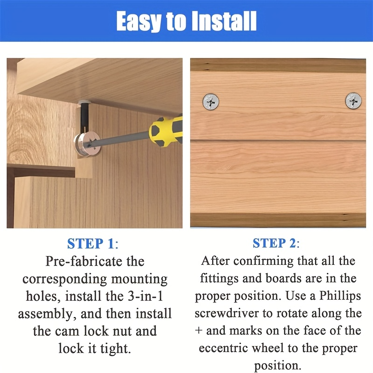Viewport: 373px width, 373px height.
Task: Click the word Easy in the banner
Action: [x=138, y=21]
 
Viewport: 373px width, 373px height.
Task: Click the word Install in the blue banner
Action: [x=224, y=21]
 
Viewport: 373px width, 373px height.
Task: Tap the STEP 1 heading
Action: [x=93, y=243]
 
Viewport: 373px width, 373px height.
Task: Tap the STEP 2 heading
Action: [x=276, y=243]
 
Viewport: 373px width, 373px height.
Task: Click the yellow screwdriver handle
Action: [x=166, y=131]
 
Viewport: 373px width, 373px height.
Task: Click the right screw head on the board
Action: [x=353, y=101]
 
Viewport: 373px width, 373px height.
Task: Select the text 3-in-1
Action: [x=145, y=296]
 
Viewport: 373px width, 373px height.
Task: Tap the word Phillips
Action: [x=340, y=296]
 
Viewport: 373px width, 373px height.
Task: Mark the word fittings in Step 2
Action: [x=219, y=278]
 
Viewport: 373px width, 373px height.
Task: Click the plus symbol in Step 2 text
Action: [x=199, y=331]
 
